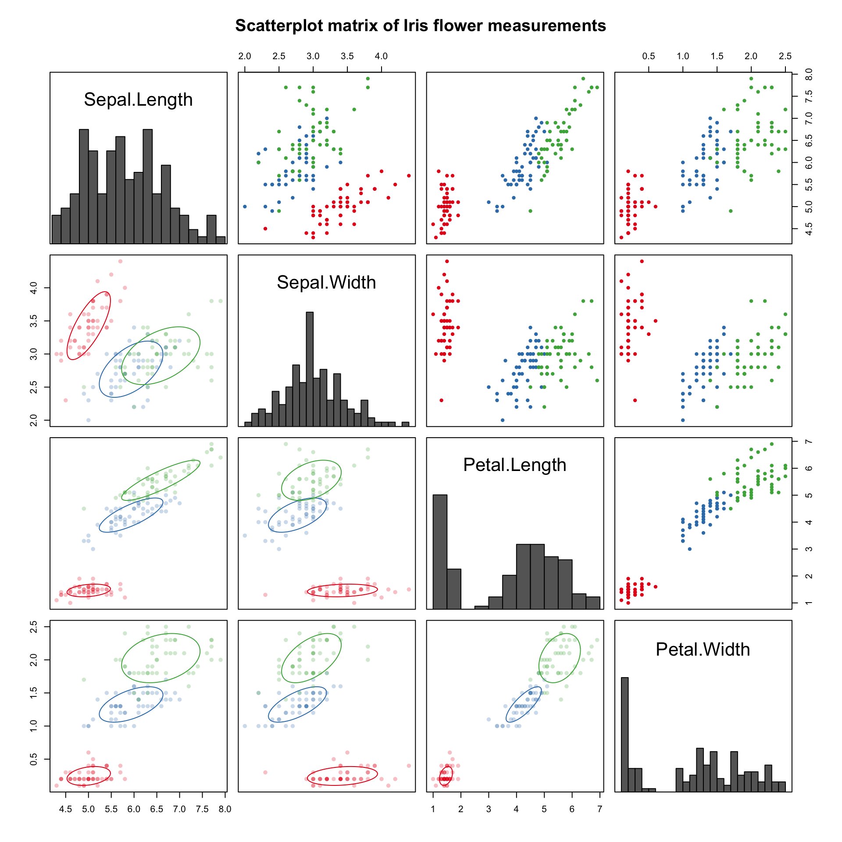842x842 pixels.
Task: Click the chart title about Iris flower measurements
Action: click(x=421, y=26)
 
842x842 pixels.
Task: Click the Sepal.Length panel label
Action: click(x=138, y=100)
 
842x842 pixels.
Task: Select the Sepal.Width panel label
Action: click(x=326, y=282)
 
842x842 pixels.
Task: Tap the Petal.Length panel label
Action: click(x=514, y=465)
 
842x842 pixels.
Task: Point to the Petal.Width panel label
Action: click(x=703, y=649)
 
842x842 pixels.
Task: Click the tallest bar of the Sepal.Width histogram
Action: click(x=310, y=368)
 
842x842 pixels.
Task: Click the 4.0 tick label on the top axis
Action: click(x=381, y=56)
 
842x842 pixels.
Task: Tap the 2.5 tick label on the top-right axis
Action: click(x=785, y=56)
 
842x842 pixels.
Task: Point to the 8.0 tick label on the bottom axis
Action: click(x=225, y=809)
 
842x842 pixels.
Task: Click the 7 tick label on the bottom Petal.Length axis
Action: click(x=599, y=809)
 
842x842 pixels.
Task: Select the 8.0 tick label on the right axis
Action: click(x=809, y=74)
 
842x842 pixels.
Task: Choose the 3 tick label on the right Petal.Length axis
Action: click(x=809, y=549)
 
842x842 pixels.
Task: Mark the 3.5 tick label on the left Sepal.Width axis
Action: click(x=33, y=321)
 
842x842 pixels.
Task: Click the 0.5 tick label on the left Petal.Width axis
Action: click(x=33, y=760)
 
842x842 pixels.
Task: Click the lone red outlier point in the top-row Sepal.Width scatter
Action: click(x=265, y=228)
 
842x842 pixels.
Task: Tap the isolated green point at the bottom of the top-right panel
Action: click(x=731, y=211)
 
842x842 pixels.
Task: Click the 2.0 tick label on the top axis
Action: click(x=245, y=56)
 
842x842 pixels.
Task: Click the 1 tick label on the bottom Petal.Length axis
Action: click(x=433, y=809)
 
